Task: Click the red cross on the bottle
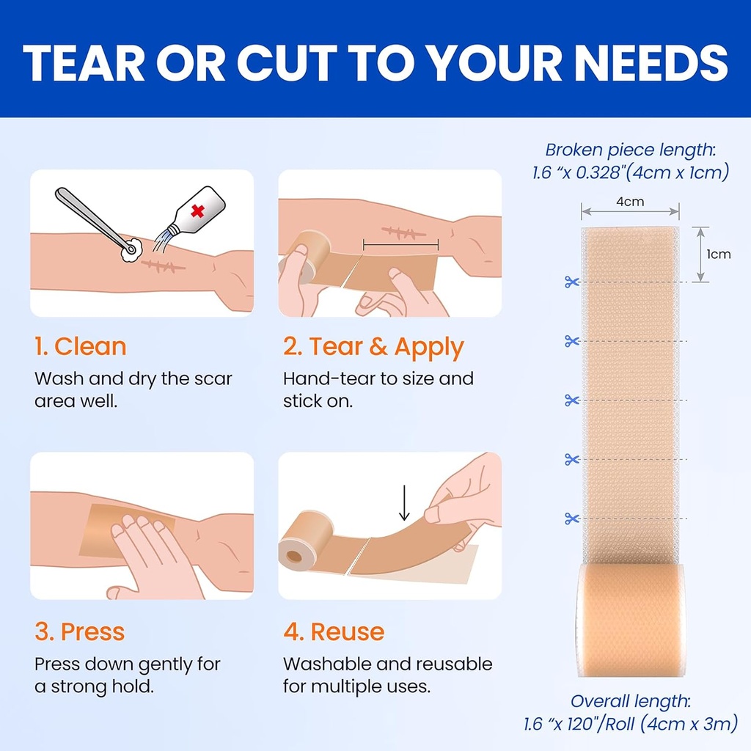tap(197, 210)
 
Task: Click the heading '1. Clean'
tap(81, 346)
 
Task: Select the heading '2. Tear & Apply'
tap(373, 347)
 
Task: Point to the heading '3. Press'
tap(79, 631)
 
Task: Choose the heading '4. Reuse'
tap(334, 631)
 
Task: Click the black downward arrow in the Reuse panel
tap(404, 503)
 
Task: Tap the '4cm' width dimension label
tap(630, 202)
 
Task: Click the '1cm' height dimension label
tap(719, 254)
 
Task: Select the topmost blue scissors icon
tap(572, 282)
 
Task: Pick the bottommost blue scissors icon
tap(572, 519)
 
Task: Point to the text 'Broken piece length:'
tap(630, 150)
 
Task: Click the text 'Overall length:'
tap(630, 701)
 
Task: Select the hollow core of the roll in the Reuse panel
tap(294, 556)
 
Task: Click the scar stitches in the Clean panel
tap(163, 266)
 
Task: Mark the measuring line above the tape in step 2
tap(401, 246)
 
